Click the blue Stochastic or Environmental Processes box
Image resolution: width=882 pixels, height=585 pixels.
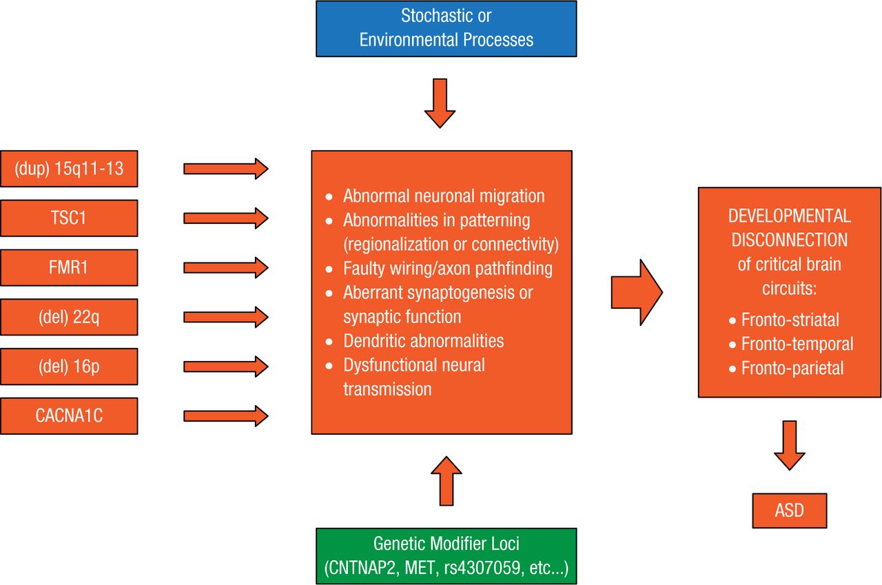446,28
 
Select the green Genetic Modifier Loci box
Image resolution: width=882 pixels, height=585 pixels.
446,556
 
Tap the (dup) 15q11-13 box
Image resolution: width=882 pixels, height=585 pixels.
69,168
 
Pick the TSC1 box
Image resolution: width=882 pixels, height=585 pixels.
69,218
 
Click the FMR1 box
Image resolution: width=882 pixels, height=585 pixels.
69,267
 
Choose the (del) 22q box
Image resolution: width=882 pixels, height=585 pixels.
69,317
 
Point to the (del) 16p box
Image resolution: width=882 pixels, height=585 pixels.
69,367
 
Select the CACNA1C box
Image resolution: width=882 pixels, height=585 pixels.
69,416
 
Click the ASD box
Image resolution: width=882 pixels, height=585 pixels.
789,511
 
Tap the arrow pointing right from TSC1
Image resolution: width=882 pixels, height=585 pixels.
225,218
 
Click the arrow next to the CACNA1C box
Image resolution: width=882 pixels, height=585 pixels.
225,416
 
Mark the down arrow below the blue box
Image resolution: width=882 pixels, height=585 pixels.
440,103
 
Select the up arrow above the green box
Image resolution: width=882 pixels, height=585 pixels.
446,481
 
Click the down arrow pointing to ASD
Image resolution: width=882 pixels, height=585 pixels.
790,444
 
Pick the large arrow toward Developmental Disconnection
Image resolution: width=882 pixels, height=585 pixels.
636,293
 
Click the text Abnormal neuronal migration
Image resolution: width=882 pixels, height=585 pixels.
444,196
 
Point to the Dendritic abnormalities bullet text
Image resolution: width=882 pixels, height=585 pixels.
423,340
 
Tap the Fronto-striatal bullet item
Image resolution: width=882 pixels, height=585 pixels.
790,320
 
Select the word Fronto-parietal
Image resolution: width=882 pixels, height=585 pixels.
792,368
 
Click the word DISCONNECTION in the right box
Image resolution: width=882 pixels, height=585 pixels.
790,240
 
